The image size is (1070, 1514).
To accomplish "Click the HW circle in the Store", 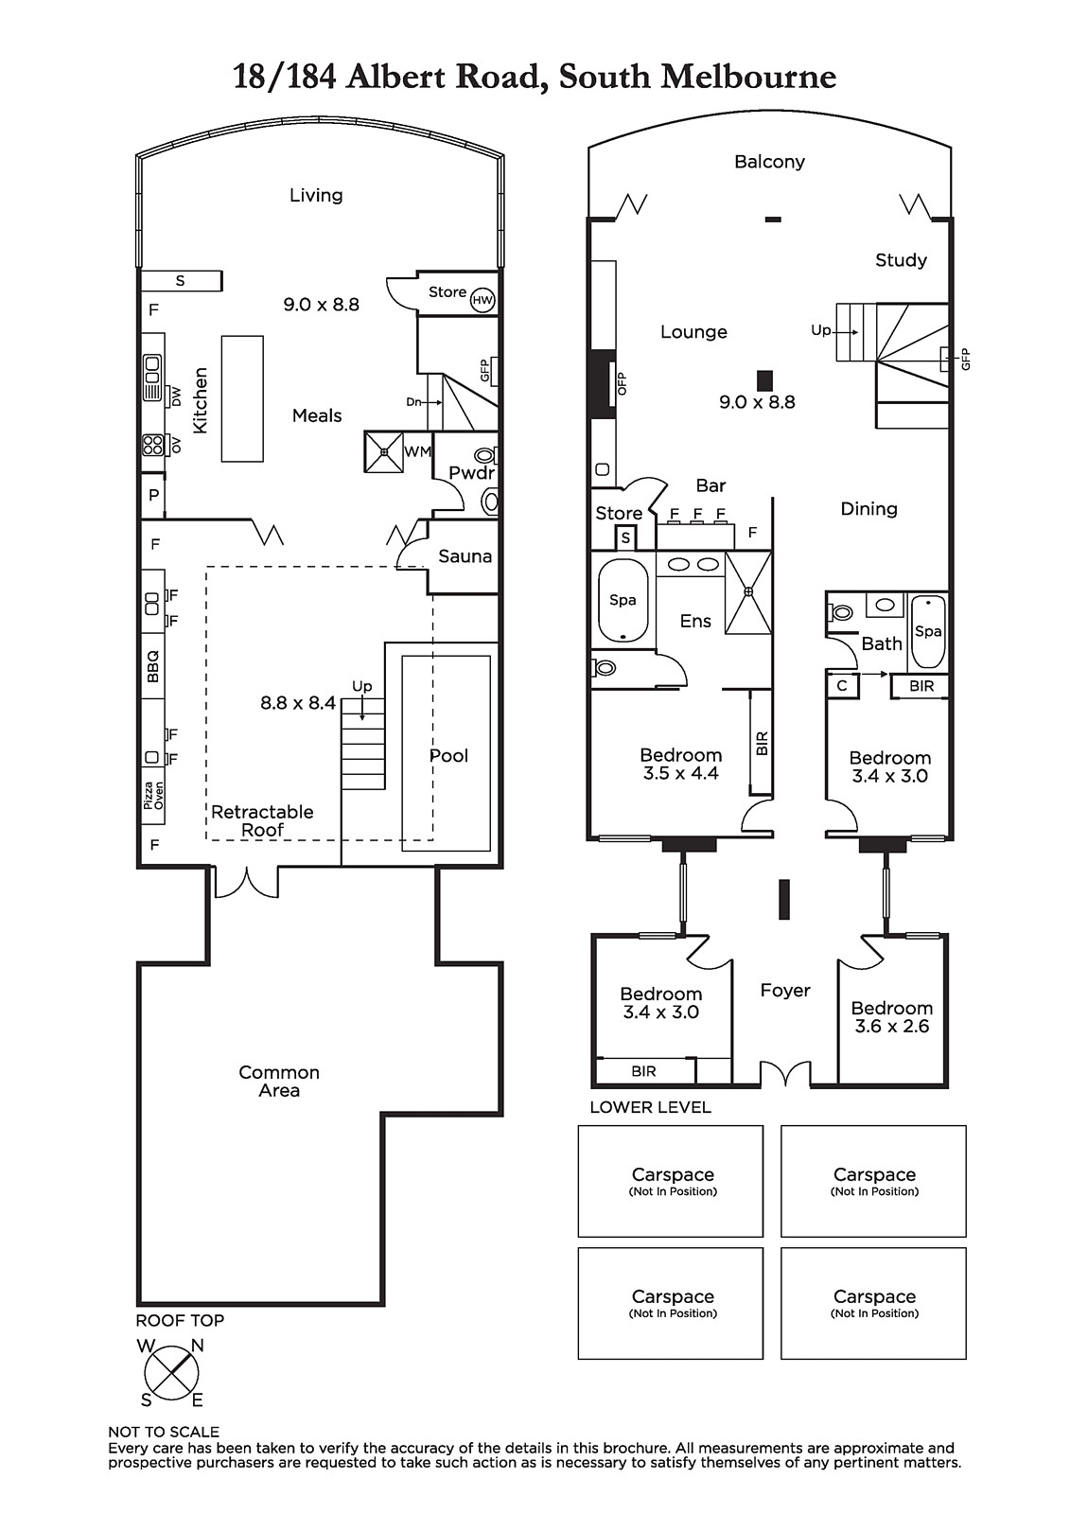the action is pos(482,300).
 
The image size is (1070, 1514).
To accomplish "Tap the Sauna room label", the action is pos(465,556).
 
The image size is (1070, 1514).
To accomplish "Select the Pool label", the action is pos(448,756).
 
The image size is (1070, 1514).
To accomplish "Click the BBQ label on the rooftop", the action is pos(152,666).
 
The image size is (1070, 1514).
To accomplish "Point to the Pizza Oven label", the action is pos(153,796).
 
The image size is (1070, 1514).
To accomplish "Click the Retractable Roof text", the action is pos(262,820).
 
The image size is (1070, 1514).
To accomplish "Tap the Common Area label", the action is pos(279,1081).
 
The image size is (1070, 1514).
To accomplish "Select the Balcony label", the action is pos(770,162).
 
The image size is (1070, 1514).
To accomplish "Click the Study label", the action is pos(901,260).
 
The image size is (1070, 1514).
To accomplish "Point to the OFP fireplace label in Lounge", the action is pos(622,384).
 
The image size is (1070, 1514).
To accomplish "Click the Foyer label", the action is pos(785,991).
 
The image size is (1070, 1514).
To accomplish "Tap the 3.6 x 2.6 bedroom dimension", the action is pos(892,1026).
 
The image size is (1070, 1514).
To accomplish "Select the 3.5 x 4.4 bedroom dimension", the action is pos(680,773).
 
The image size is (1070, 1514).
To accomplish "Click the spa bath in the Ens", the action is pos(623,600).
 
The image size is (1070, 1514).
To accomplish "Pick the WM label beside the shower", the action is pos(418,451).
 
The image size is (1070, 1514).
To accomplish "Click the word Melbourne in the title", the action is pos(748,77).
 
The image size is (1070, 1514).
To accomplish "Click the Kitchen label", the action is pos(200,400).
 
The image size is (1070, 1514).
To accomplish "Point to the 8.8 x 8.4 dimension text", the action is pos(298,703).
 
